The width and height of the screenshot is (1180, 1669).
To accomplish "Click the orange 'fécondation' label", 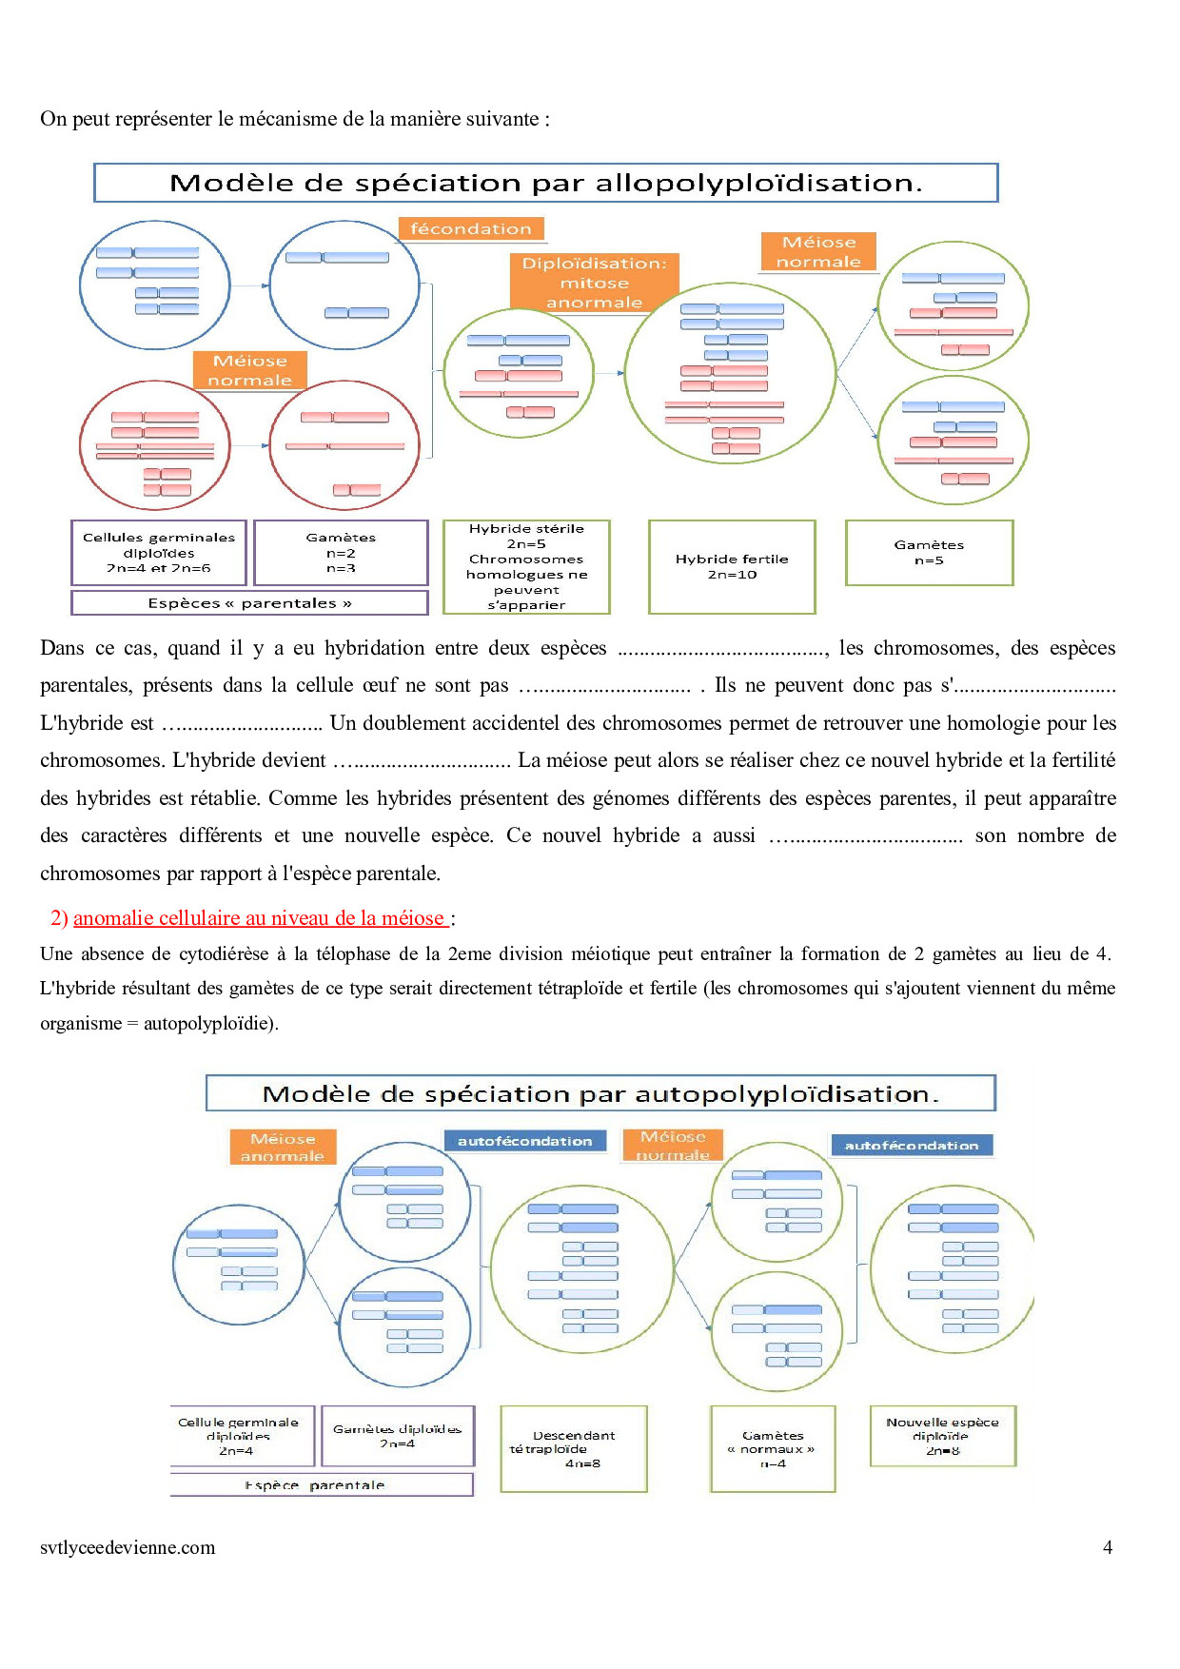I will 471,228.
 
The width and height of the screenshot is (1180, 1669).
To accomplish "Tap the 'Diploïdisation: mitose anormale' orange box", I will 595,283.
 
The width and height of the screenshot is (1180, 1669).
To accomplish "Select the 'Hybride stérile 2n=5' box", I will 526,566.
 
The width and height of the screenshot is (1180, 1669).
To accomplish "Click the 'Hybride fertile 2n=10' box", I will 732,566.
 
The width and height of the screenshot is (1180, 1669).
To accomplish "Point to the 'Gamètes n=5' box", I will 929,553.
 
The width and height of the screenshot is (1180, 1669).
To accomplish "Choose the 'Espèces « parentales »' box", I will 249,603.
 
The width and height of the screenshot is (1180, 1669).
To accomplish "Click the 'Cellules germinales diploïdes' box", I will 159,553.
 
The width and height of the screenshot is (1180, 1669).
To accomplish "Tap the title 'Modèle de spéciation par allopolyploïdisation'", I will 545,183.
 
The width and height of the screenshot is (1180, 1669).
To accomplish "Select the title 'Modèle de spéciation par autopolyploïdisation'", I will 600,1094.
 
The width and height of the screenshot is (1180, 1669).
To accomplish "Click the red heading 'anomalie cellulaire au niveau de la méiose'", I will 259,918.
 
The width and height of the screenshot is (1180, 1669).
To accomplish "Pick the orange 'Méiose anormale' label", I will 283,1148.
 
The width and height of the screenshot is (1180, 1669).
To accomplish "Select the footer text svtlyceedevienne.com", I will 128,1548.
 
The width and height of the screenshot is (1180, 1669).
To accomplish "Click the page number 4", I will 1108,1548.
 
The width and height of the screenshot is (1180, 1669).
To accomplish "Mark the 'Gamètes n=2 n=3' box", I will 342,553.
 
